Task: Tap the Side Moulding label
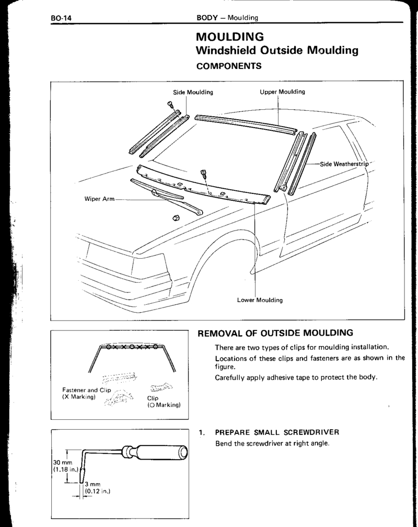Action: click(193, 92)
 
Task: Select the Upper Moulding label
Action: click(282, 92)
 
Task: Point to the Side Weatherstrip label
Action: click(344, 164)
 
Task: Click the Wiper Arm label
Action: click(99, 199)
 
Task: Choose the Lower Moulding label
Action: click(260, 300)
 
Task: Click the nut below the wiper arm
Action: click(175, 219)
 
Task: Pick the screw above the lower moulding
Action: click(203, 174)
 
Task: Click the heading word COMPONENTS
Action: click(228, 66)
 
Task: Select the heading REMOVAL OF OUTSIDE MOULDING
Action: click(275, 333)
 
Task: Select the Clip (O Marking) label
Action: click(164, 402)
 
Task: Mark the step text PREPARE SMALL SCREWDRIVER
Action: click(277, 432)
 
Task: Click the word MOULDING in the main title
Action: click(230, 37)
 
